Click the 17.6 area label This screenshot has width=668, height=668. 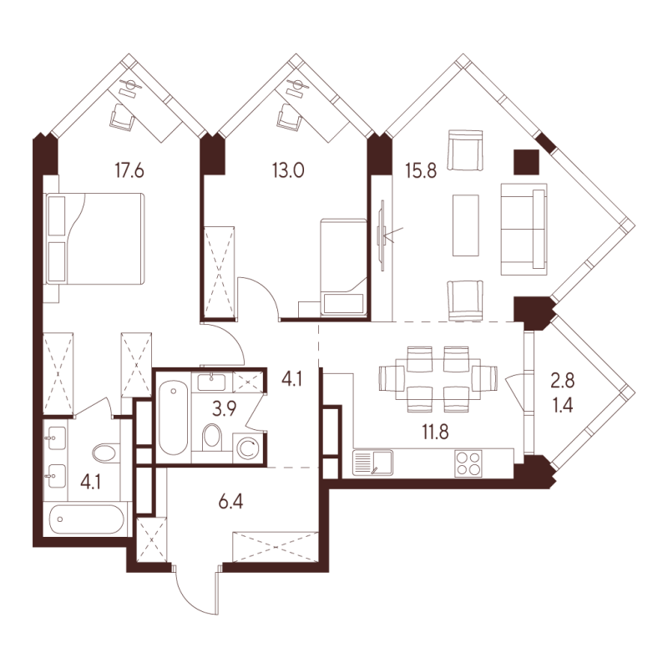pyautogui.click(x=129, y=173)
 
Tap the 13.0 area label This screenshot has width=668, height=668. pyautogui.click(x=289, y=173)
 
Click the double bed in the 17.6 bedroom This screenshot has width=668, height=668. pyautogui.click(x=94, y=238)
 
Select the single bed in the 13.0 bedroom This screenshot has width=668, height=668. pyautogui.click(x=343, y=266)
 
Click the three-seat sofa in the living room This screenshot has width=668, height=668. pyautogui.click(x=527, y=228)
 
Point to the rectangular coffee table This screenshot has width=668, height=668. pyautogui.click(x=466, y=225)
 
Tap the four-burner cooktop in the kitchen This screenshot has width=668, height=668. pyautogui.click(x=468, y=463)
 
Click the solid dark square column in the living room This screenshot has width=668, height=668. pyautogui.click(x=526, y=160)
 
